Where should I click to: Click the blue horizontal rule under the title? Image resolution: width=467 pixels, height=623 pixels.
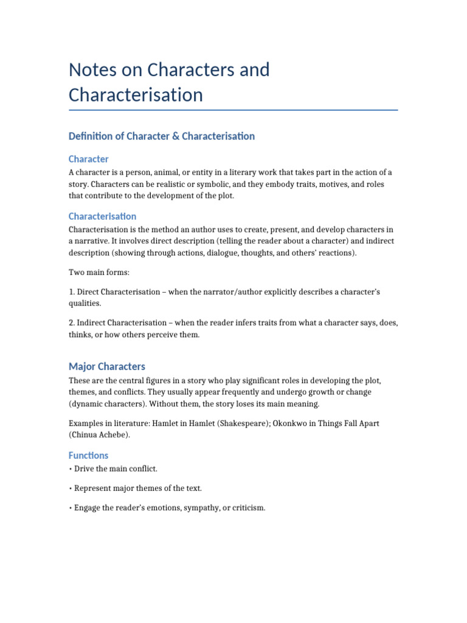[x=233, y=110]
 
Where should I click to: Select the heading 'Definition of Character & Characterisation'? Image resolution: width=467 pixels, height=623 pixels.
[x=162, y=136]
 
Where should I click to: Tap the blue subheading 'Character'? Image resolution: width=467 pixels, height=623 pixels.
[x=89, y=159]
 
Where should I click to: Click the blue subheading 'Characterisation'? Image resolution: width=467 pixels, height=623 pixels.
[x=102, y=216]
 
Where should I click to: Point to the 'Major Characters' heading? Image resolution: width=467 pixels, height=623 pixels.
[x=107, y=366]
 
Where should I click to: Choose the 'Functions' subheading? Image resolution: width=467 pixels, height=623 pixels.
[x=89, y=455]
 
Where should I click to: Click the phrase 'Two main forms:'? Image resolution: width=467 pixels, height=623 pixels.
[x=99, y=272]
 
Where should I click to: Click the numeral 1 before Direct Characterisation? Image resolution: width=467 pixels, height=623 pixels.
[x=71, y=292]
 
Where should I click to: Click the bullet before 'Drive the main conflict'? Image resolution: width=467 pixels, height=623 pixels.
[x=71, y=468]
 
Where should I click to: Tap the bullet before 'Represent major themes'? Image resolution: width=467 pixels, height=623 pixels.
[x=71, y=488]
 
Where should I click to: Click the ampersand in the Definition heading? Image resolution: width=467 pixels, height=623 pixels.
[x=175, y=136]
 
